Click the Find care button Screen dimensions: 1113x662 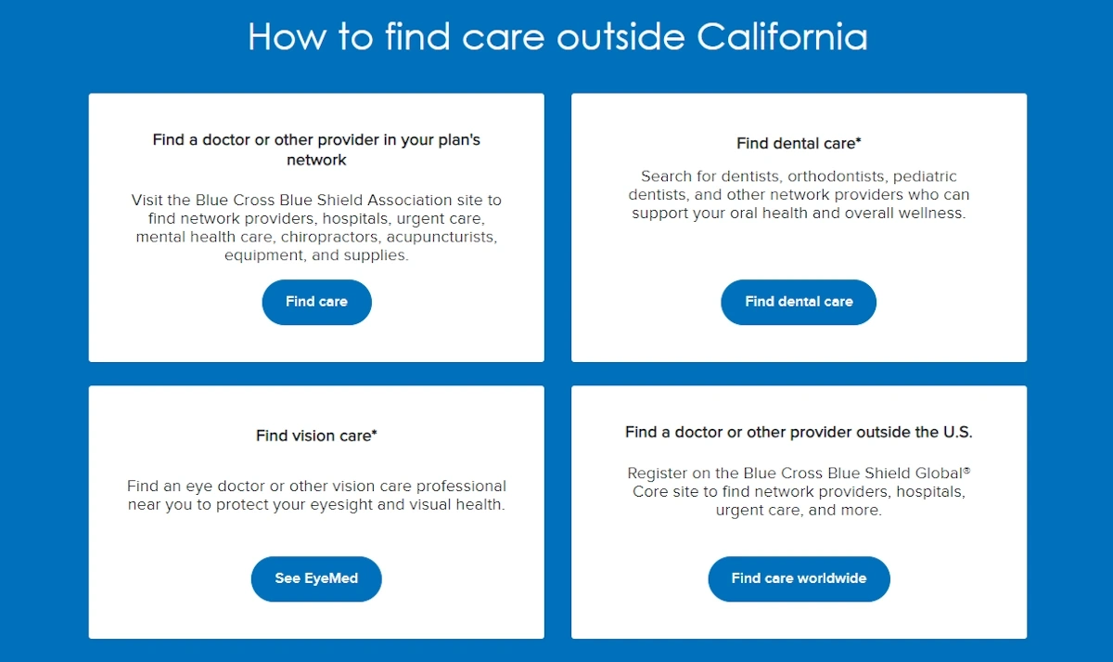pyautogui.click(x=316, y=302)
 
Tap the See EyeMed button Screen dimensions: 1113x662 pyautogui.click(x=316, y=578)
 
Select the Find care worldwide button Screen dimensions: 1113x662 pyautogui.click(x=799, y=578)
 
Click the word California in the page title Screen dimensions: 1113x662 pyautogui.click(x=782, y=37)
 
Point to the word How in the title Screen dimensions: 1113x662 pyautogui.click(x=288, y=37)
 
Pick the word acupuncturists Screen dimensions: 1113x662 pyautogui.click(x=441, y=238)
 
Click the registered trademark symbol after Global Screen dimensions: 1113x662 pyautogui.click(x=966, y=469)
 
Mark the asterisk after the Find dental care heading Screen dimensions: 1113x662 pyautogui.click(x=858, y=140)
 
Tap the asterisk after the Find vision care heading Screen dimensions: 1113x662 pyautogui.click(x=374, y=433)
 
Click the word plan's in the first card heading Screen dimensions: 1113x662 pyautogui.click(x=459, y=140)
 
